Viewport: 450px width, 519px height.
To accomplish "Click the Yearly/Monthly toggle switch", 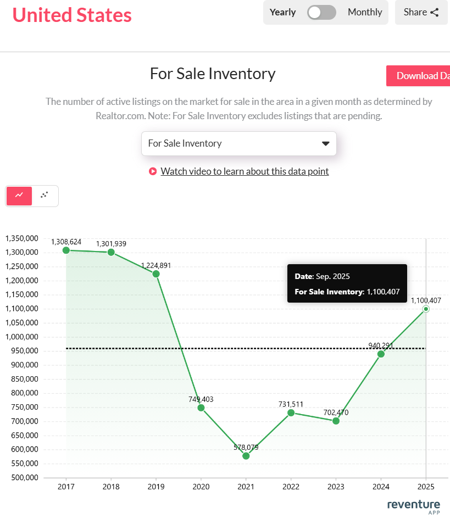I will [x=321, y=12].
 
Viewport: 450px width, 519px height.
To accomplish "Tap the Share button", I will [x=421, y=12].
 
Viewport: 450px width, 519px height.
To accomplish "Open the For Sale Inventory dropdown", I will [x=238, y=143].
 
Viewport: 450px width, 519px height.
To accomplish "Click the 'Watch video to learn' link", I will [x=245, y=171].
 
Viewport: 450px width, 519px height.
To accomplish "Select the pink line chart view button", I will [x=19, y=195].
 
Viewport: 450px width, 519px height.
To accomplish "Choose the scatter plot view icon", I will [x=45, y=195].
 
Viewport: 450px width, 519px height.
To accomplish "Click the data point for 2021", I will [x=246, y=456].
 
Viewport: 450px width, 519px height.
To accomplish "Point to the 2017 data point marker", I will [x=66, y=250].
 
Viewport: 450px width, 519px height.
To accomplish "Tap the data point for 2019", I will [x=156, y=274].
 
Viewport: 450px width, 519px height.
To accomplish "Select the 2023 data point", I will [x=336, y=421].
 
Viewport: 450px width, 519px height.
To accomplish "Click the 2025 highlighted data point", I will [x=426, y=309].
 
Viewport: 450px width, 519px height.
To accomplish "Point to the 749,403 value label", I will [x=201, y=399].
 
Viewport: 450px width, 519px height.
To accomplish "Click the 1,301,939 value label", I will [x=111, y=243].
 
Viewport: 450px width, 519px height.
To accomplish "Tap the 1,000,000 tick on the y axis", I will [x=21, y=337].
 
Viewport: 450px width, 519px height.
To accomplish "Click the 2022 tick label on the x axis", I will [x=291, y=487].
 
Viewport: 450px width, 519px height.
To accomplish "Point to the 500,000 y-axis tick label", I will [x=21, y=477].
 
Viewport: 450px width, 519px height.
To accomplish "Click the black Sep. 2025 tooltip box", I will [x=347, y=283].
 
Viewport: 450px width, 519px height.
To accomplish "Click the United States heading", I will [x=72, y=15].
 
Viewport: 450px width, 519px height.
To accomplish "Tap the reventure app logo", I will [x=413, y=506].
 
